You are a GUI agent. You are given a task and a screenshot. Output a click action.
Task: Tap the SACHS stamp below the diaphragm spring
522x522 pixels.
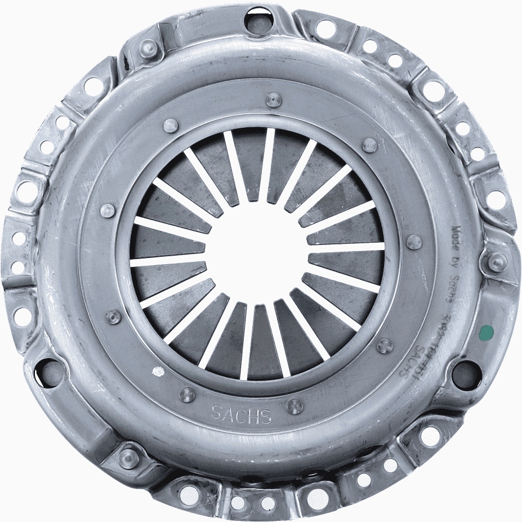coord(241,414)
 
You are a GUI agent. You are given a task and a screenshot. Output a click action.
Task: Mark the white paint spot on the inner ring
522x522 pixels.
coord(159,372)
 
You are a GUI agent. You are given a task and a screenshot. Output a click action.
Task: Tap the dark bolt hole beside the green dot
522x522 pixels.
coord(467,374)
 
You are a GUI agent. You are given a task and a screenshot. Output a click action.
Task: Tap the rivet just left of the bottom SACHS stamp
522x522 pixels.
coord(188,395)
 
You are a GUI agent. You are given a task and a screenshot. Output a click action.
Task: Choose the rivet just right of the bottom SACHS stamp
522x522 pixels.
coord(295,406)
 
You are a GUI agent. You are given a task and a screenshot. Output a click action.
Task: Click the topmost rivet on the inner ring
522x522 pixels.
coord(273,100)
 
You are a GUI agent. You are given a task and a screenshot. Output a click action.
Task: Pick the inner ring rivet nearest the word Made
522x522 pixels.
coord(414,242)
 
